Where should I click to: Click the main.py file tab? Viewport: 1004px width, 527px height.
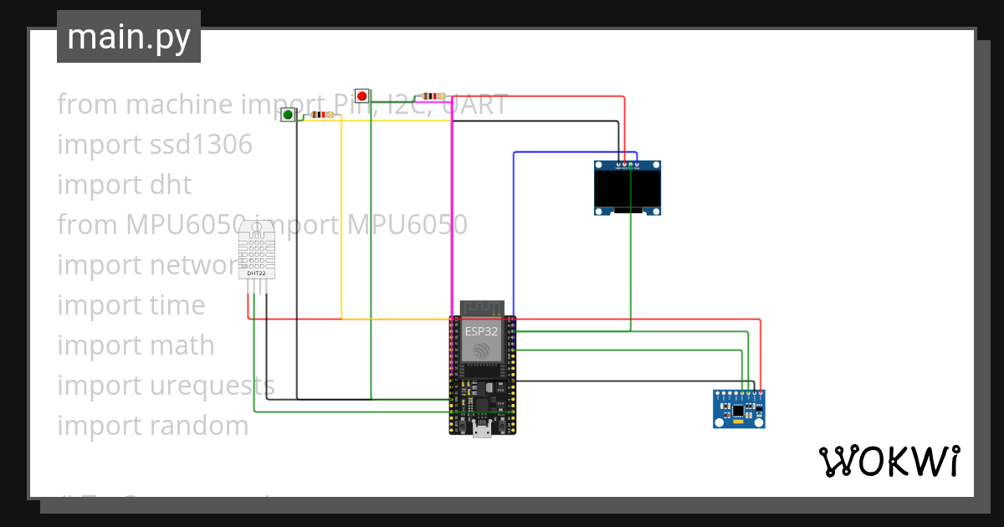coord(129,37)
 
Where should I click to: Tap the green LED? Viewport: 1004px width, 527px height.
coord(288,115)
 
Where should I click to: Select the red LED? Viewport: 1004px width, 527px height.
coord(361,96)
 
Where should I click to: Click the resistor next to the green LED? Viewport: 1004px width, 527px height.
coord(321,115)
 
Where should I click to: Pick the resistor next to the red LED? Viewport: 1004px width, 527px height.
coord(433,96)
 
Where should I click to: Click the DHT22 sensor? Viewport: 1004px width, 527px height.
coord(257,251)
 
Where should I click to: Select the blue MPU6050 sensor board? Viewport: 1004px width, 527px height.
coord(739,409)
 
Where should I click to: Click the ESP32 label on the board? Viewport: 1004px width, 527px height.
coord(482,330)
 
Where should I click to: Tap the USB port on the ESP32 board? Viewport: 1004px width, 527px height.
coord(482,430)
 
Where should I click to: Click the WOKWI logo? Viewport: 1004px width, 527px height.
coord(889,461)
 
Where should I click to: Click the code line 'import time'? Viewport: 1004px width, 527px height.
coord(131,305)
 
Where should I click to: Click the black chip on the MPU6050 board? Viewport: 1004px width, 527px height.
coord(738,410)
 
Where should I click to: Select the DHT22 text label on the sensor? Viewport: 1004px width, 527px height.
coord(257,274)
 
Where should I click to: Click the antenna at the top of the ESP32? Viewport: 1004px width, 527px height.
coord(482,308)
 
